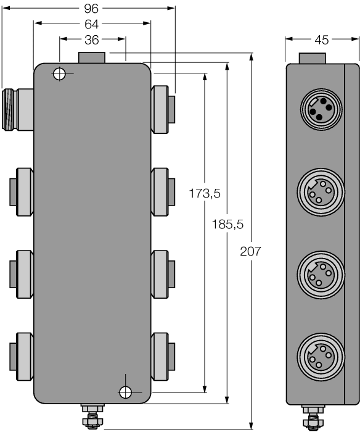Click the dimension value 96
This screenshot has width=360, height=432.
coord(92,9)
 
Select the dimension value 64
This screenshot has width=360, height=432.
coord(92,24)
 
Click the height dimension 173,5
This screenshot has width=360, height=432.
coord(205,193)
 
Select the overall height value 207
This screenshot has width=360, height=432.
coord(251,251)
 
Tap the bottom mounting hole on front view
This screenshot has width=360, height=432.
coord(126,391)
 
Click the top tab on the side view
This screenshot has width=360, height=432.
coord(313,58)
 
